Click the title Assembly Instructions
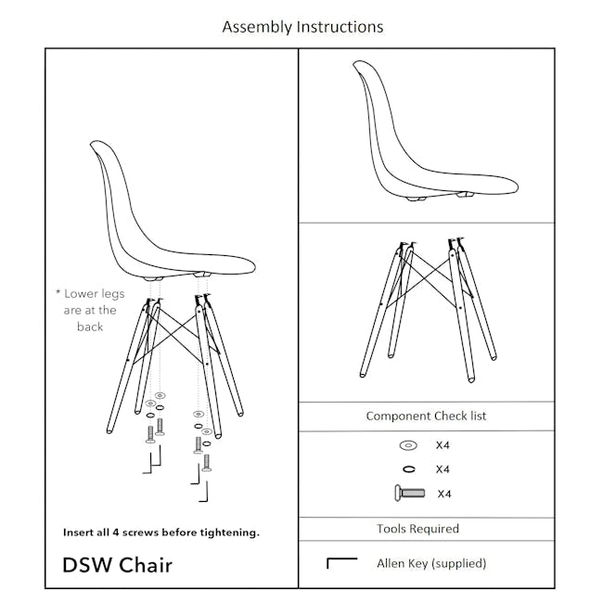pos(302,27)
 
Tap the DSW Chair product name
pos(117,564)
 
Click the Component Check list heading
pos(426,417)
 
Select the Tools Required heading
pos(417,529)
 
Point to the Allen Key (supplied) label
pos(431,562)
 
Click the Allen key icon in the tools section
pos(342,562)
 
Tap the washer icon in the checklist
pos(408,445)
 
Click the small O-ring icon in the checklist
pos(408,469)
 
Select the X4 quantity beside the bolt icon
pos(443,494)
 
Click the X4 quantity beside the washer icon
pos(443,445)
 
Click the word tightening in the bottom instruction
pos(230,532)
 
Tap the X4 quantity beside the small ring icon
pos(443,469)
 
